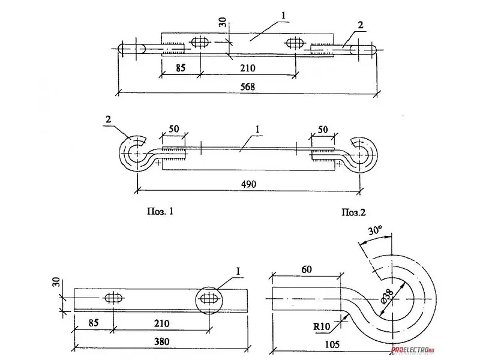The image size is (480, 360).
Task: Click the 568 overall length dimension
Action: (x=247, y=87)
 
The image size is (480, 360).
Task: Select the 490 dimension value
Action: (x=248, y=184)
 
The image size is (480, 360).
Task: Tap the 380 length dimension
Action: (x=161, y=341)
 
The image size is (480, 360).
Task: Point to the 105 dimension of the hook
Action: (x=332, y=344)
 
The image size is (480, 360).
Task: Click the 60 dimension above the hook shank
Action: (x=307, y=269)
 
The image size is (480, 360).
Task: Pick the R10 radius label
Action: (x=322, y=326)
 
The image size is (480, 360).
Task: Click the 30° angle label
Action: (x=376, y=230)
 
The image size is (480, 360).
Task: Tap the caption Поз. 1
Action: (x=160, y=211)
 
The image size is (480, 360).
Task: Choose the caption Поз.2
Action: (x=353, y=212)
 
